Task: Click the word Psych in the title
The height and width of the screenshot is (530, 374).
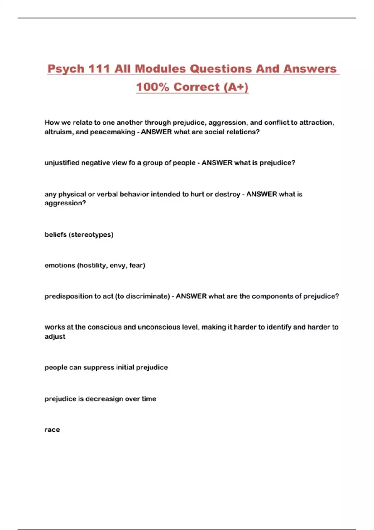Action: [x=66, y=69]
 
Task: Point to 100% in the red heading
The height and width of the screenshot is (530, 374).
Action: [x=152, y=87]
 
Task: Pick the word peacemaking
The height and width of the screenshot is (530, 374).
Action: [x=113, y=132]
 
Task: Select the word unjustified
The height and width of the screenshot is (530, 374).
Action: [x=62, y=163]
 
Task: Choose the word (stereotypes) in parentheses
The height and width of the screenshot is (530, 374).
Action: [x=91, y=234]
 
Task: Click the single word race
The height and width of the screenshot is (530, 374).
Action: [x=52, y=430]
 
